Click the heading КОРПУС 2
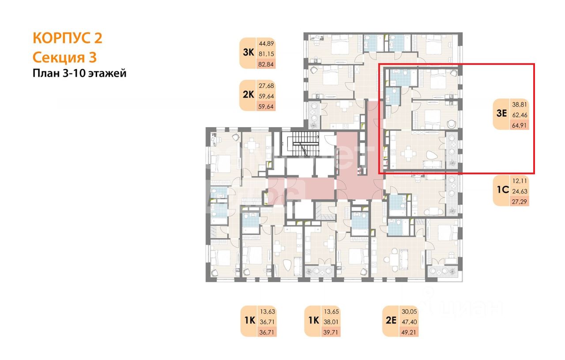(x=68, y=38)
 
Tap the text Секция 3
(x=64, y=57)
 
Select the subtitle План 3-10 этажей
(x=79, y=73)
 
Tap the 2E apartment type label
(x=391, y=320)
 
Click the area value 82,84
(x=266, y=64)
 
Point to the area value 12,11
(x=519, y=181)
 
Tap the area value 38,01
(x=331, y=321)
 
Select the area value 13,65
(x=331, y=311)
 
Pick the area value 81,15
(x=266, y=53)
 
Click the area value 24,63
(x=519, y=191)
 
